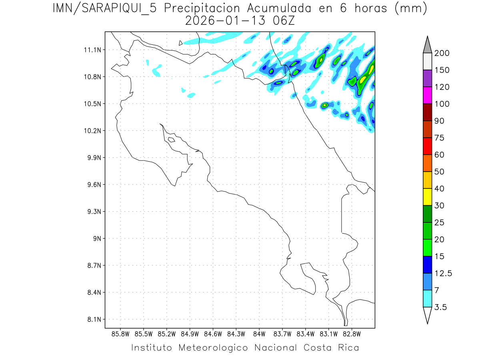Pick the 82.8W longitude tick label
click(x=352, y=334)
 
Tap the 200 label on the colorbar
click(x=442, y=53)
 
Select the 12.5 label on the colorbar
click(x=443, y=273)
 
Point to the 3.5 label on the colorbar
click(x=441, y=307)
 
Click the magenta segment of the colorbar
click(x=427, y=95)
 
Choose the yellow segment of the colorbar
click(x=427, y=197)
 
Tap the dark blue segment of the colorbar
click(x=427, y=264)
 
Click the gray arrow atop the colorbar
click(x=427, y=44)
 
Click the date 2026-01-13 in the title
click(x=226, y=20)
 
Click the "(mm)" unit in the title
click(x=411, y=8)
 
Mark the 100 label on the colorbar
click(x=442, y=104)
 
